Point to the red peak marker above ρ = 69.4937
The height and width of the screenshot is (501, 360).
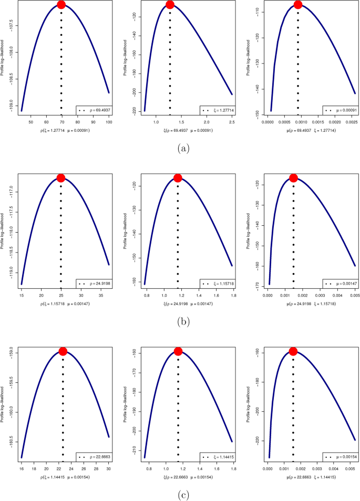pos(61,5)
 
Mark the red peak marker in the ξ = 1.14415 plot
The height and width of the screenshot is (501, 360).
pos(178,351)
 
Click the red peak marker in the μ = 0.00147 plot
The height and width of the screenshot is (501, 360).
pos(293,178)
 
